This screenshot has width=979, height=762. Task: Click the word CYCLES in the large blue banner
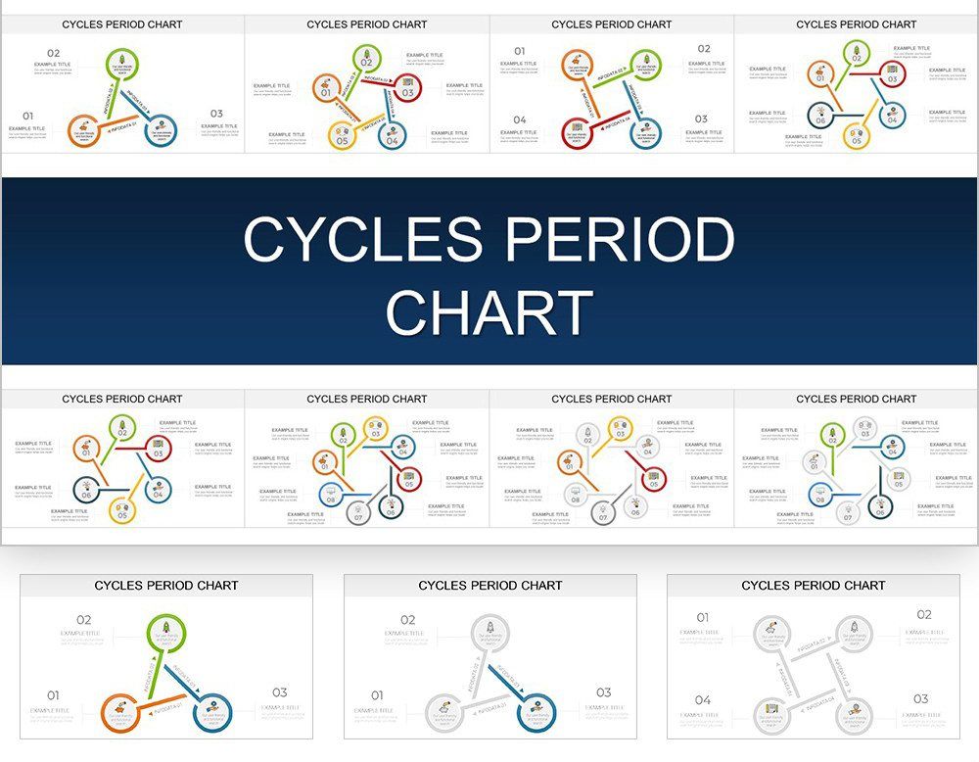point(364,240)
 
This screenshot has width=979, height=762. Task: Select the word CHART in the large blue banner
point(489,311)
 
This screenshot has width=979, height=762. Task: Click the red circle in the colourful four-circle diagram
point(578,131)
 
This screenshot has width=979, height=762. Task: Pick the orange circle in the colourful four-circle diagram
point(578,68)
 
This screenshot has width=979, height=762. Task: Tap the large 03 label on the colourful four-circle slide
point(701,119)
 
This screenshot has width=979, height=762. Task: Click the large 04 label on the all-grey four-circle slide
point(703,700)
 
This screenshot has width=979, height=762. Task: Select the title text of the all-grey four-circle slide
point(813,585)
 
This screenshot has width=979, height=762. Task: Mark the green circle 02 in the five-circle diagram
point(367,59)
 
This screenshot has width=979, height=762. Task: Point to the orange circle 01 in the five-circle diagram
point(326,89)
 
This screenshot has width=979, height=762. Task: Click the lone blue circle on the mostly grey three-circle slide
point(536,710)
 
